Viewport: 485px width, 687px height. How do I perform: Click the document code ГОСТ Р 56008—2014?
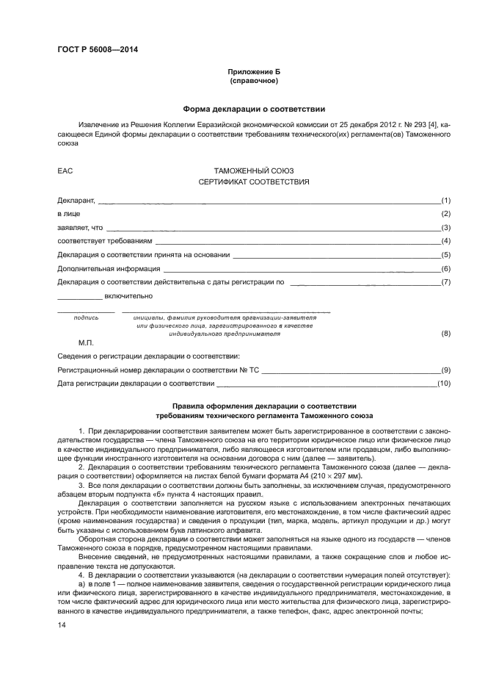pos(97,50)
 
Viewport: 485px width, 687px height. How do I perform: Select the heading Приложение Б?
pos(253,72)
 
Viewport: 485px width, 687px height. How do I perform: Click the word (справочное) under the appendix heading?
pos(253,81)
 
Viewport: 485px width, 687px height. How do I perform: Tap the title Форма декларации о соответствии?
pos(253,108)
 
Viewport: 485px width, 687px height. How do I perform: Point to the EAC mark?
pos(65,170)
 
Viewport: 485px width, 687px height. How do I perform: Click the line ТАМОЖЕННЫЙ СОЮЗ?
pos(253,170)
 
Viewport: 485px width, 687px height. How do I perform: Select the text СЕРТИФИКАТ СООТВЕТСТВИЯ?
pos(253,181)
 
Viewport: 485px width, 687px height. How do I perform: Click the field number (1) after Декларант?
pos(445,200)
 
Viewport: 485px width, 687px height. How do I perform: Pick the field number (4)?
pos(445,241)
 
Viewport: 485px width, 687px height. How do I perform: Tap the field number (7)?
pos(445,282)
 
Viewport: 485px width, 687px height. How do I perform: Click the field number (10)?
pos(443,384)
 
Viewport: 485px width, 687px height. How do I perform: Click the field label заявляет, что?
pos(80,228)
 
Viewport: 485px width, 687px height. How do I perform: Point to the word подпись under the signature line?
pos(87,317)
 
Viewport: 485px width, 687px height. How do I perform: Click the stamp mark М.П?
pos(86,342)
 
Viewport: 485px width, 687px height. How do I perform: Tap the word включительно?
pos(128,296)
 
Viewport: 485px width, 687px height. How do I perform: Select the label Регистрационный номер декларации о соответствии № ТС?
pos(158,370)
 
